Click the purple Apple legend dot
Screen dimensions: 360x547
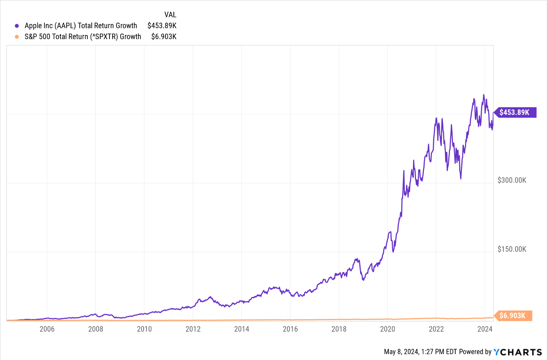click(17, 26)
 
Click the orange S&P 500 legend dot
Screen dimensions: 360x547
click(17, 37)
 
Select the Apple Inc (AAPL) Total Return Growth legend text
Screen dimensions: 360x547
click(81, 26)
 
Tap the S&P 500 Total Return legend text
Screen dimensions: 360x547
click(83, 37)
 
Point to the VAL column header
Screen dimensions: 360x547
click(170, 15)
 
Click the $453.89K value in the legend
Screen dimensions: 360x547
click(162, 26)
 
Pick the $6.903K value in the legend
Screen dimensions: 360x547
click(164, 37)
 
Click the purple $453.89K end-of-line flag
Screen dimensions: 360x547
click(515, 112)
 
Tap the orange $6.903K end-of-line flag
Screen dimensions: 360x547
click(512, 316)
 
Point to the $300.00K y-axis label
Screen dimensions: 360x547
click(512, 180)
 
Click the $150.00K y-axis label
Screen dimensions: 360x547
click(512, 249)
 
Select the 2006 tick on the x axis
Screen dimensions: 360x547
click(47, 329)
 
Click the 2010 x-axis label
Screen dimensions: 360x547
click(144, 329)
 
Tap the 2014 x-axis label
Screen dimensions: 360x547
click(242, 329)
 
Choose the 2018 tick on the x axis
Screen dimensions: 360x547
click(339, 329)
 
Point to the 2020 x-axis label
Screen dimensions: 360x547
click(387, 329)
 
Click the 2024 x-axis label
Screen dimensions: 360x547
click(485, 329)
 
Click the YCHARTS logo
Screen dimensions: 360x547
click(518, 352)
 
